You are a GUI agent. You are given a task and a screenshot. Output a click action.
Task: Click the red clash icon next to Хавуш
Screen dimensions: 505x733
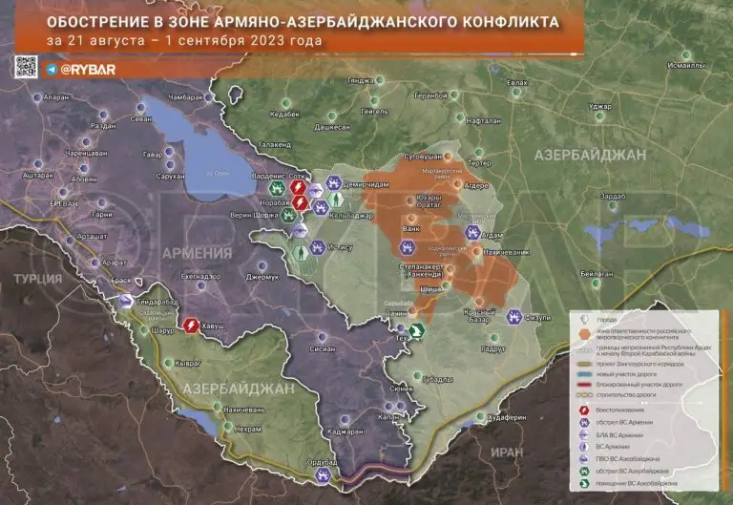(191, 326)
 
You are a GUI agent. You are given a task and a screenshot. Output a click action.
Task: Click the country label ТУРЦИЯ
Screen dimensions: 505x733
(39, 277)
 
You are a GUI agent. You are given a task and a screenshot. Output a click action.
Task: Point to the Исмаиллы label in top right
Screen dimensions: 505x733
(687, 65)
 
